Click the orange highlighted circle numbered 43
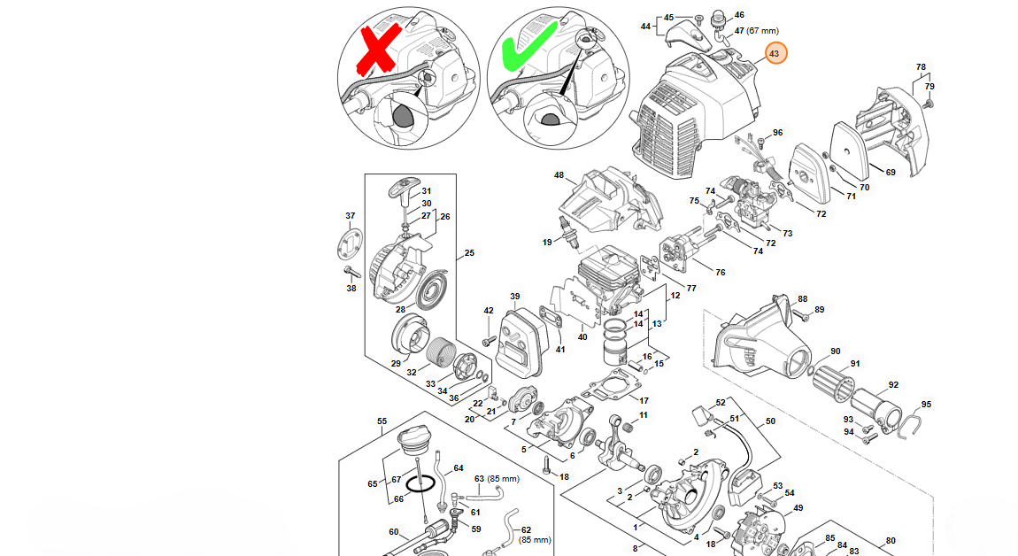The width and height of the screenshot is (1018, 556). [774, 53]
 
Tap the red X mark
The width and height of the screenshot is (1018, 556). [376, 50]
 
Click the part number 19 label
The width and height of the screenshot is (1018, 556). [547, 243]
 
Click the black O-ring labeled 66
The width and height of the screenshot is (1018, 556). [420, 484]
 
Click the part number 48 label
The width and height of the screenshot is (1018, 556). [559, 175]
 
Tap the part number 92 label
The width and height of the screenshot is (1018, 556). [893, 385]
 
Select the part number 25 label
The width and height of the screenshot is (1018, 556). [469, 252]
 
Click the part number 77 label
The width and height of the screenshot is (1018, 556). [691, 289]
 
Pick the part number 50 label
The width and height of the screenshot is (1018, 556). [771, 421]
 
